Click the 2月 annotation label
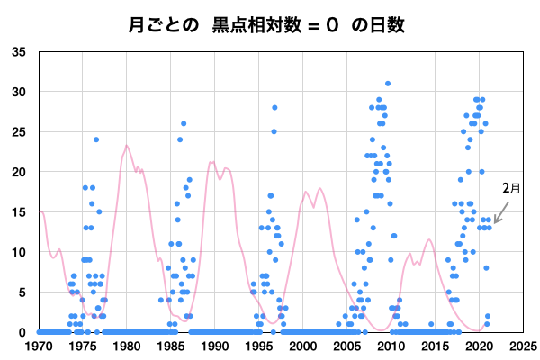click(x=511, y=188)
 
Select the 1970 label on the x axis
click(x=39, y=346)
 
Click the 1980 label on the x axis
click(x=127, y=346)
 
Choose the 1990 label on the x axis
click(x=215, y=346)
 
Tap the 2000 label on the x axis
click(x=303, y=346)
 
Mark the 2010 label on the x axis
click(x=391, y=346)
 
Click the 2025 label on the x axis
click(x=524, y=346)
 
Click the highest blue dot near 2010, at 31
click(x=388, y=84)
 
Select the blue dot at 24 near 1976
click(x=96, y=139)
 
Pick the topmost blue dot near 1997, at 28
click(x=274, y=108)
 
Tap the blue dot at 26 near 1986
click(x=184, y=124)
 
